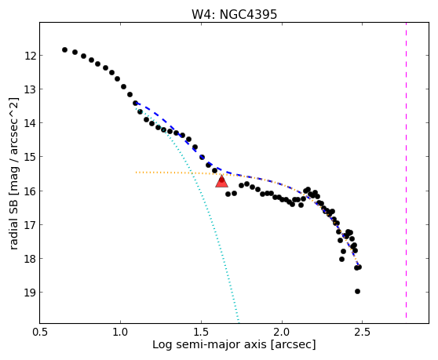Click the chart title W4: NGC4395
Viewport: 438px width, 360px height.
234,14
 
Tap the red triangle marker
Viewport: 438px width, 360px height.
221,181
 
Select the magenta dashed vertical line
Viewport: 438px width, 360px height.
406,170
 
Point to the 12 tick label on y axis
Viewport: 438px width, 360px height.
30,56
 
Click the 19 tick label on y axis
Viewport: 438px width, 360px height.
30,293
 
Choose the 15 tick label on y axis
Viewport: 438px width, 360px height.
30,157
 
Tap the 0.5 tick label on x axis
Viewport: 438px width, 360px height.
40,333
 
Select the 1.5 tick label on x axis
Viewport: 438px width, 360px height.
201,333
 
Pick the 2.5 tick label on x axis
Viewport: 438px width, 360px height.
362,333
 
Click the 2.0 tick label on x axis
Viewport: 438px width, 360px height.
282,333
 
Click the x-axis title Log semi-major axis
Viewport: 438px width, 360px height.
210,344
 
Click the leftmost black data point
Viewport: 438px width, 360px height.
64,49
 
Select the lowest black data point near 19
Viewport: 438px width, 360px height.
357,291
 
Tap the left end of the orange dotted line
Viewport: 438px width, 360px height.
136,173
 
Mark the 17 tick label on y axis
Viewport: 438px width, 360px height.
30,225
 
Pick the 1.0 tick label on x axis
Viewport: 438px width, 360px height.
120,333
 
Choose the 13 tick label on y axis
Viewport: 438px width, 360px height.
30,89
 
